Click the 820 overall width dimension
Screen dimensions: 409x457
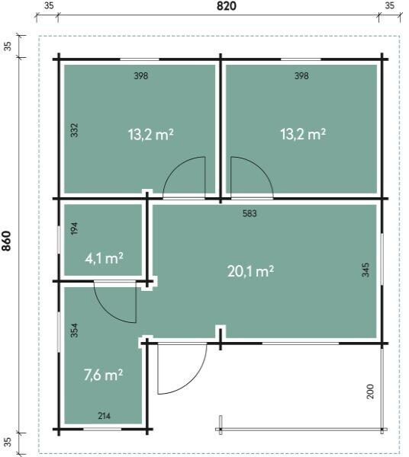227,6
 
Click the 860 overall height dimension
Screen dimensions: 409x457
6,241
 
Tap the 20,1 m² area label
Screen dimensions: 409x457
250,271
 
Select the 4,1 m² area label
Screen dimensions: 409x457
104,258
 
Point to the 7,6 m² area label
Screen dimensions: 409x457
103,375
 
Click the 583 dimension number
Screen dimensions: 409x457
250,213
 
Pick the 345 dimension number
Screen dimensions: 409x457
366,270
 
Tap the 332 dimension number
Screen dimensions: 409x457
75,130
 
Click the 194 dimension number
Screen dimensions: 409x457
75,228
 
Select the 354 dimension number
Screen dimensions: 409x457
75,331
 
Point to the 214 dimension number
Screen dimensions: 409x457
104,416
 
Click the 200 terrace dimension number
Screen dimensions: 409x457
370,391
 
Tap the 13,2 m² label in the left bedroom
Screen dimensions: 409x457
150,135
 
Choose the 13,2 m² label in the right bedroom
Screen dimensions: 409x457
303,135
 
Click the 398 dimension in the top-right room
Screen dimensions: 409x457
301,75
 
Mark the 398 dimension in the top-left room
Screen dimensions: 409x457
141,75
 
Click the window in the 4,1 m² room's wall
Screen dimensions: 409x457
59,240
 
